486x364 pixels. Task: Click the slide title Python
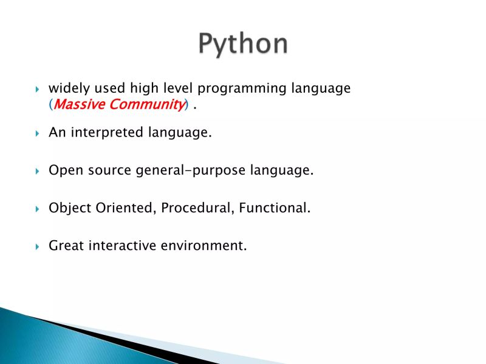243,44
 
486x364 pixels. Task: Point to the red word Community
146,104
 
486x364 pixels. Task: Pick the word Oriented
128,208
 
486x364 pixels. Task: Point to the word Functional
274,208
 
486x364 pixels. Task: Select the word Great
66,246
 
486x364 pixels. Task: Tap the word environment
204,246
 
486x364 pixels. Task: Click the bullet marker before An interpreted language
37,133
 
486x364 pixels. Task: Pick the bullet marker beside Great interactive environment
37,246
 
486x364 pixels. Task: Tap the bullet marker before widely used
37,89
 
